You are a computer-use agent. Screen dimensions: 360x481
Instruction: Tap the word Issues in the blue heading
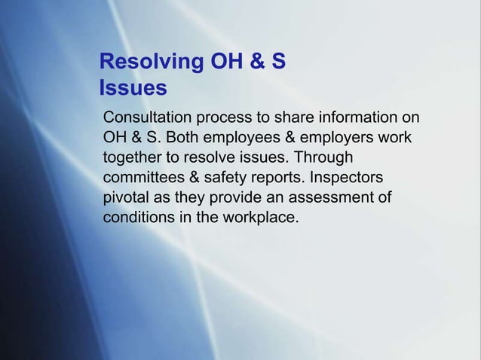pyautogui.click(x=133, y=88)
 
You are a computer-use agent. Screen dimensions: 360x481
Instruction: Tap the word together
pyautogui.click(x=131, y=159)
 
